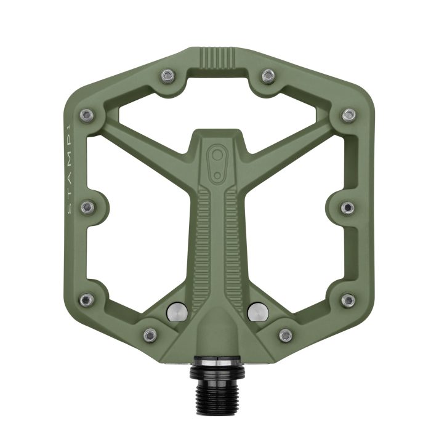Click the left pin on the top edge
(x=167, y=76)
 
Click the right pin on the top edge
(x=267, y=76)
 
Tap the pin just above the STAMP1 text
(x=87, y=115)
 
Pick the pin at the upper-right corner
(x=349, y=115)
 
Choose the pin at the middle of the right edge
(x=348, y=207)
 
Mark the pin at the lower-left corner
(x=87, y=300)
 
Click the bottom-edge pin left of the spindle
(x=150, y=335)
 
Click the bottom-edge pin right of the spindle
(x=285, y=335)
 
